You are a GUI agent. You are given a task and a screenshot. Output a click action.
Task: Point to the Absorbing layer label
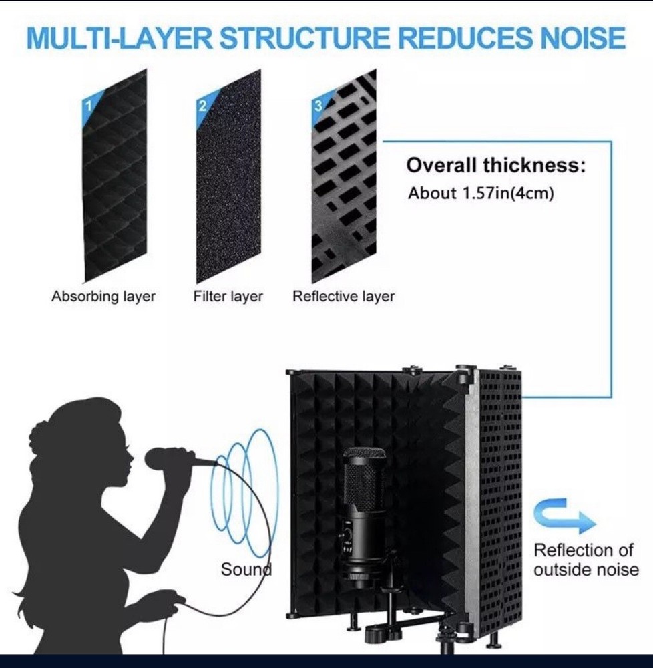click(x=103, y=296)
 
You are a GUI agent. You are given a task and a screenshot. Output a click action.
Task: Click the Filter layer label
click(x=228, y=296)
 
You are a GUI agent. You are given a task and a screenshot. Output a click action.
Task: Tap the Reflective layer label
click(x=343, y=296)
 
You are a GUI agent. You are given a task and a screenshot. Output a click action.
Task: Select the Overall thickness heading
click(x=495, y=165)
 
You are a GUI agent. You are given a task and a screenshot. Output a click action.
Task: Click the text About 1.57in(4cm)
click(x=481, y=194)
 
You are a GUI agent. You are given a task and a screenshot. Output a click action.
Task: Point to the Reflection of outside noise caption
click(x=586, y=560)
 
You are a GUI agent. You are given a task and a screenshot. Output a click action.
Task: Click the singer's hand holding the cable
click(x=160, y=597)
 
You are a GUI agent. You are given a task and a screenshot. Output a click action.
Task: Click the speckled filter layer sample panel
click(x=228, y=178)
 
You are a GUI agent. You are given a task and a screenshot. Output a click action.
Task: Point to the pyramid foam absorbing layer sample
click(x=115, y=177)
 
